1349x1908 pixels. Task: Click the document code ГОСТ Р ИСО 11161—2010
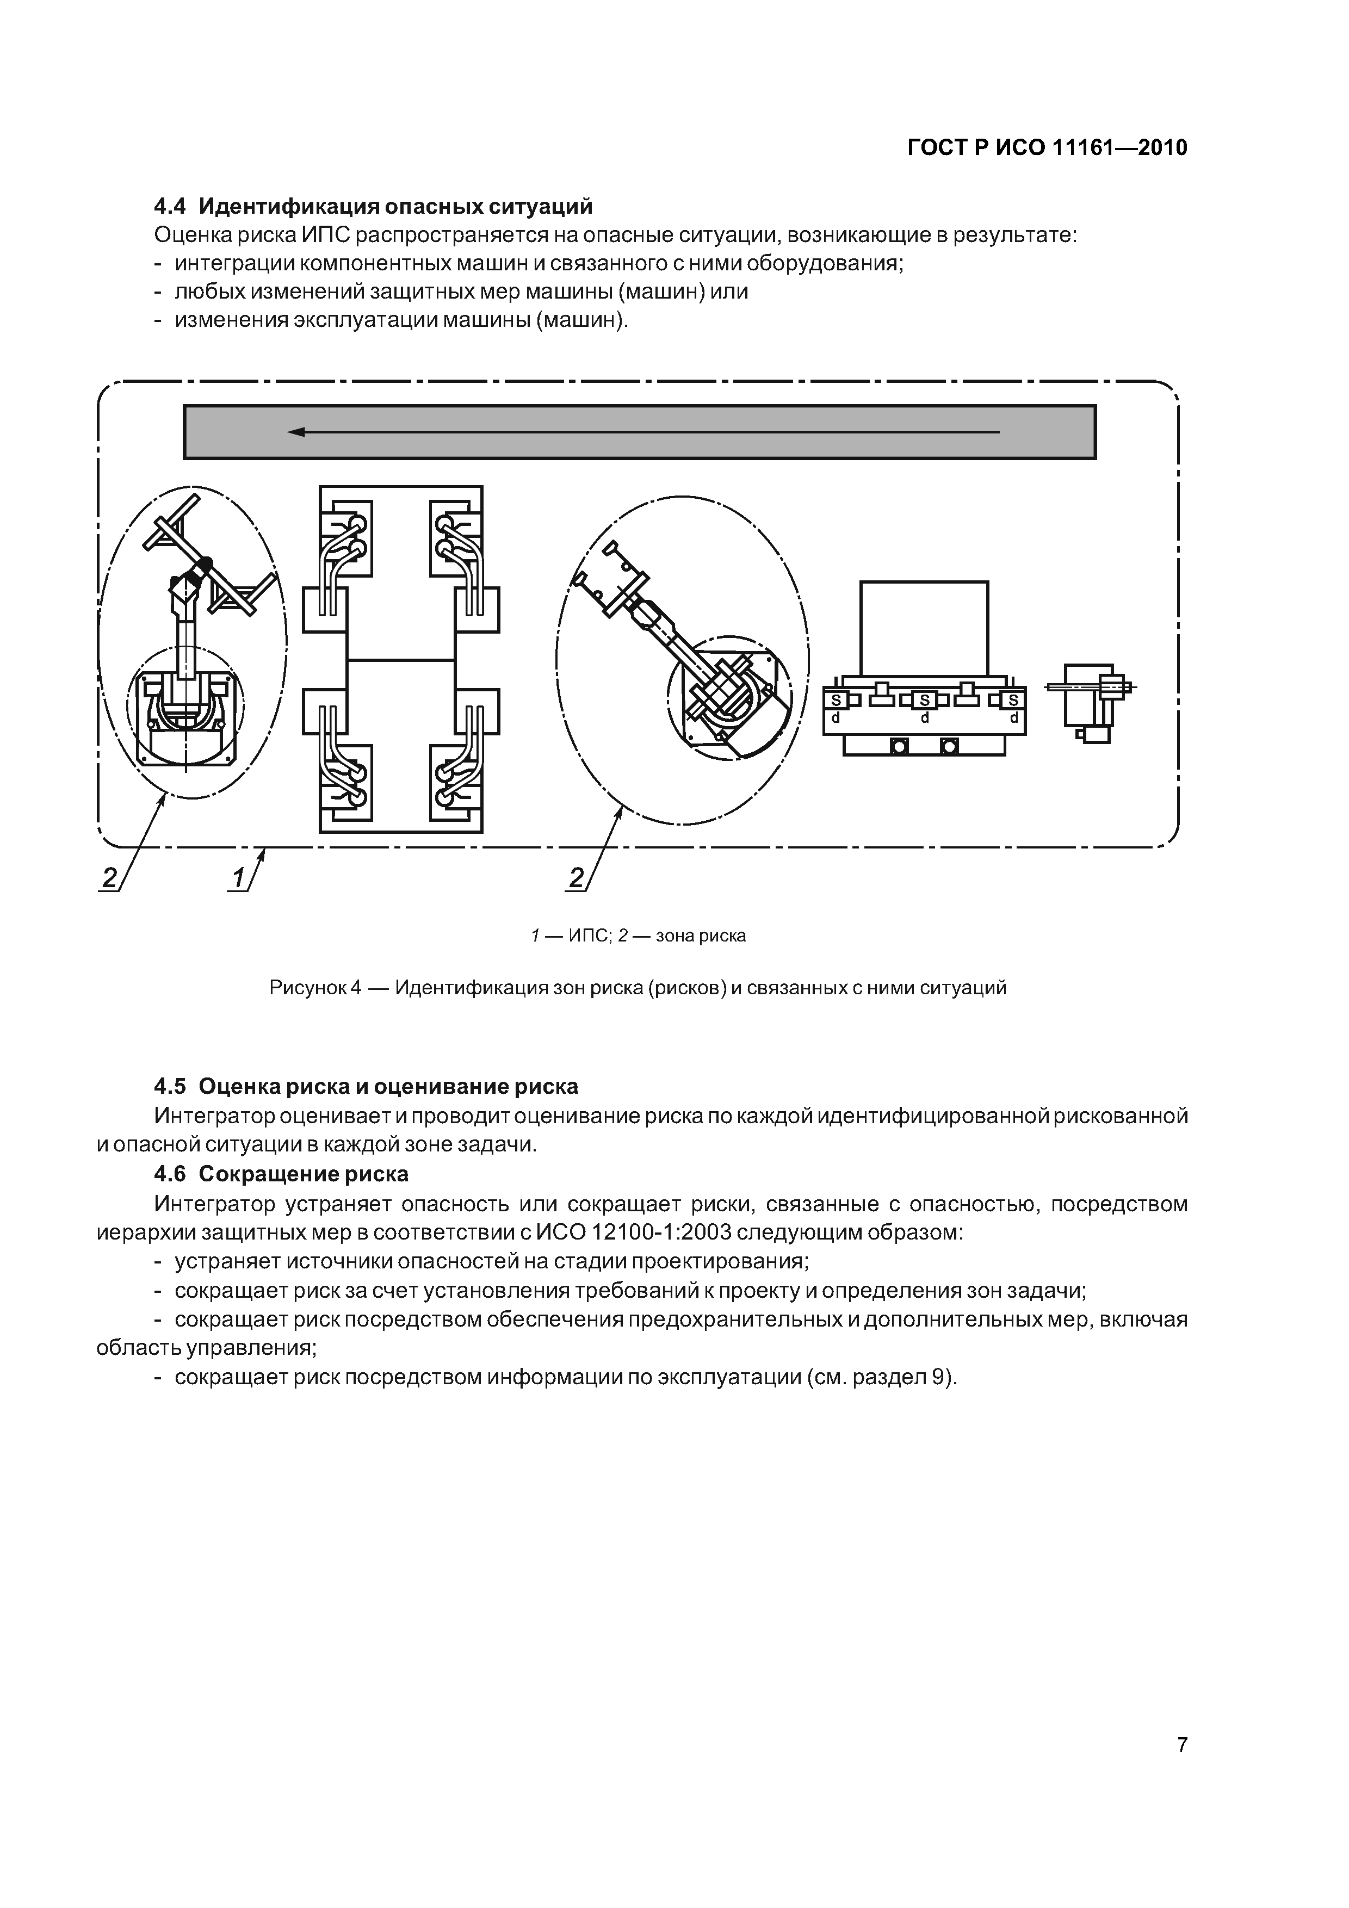(1047, 148)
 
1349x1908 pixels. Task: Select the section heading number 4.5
(170, 1086)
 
